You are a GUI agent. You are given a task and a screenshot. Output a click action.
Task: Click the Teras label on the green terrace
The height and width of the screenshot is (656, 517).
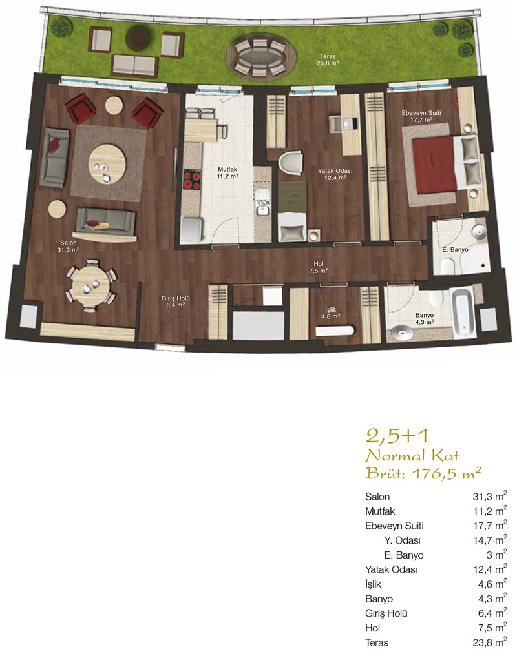point(328,56)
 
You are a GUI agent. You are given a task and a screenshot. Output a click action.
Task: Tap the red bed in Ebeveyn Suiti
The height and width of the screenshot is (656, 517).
point(434,165)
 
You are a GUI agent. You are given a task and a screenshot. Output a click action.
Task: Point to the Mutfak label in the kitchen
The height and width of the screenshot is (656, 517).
point(227,169)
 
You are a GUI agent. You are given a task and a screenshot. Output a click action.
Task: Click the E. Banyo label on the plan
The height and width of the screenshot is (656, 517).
point(455,250)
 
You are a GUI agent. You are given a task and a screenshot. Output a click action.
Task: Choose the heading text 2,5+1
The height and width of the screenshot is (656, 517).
point(397,436)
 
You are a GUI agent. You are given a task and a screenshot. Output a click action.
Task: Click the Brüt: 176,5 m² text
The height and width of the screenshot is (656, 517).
point(423,473)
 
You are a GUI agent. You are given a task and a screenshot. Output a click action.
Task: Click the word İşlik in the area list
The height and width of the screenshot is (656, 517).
point(373,584)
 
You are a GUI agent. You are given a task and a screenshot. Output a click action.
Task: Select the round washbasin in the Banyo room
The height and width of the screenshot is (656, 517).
point(401,333)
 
